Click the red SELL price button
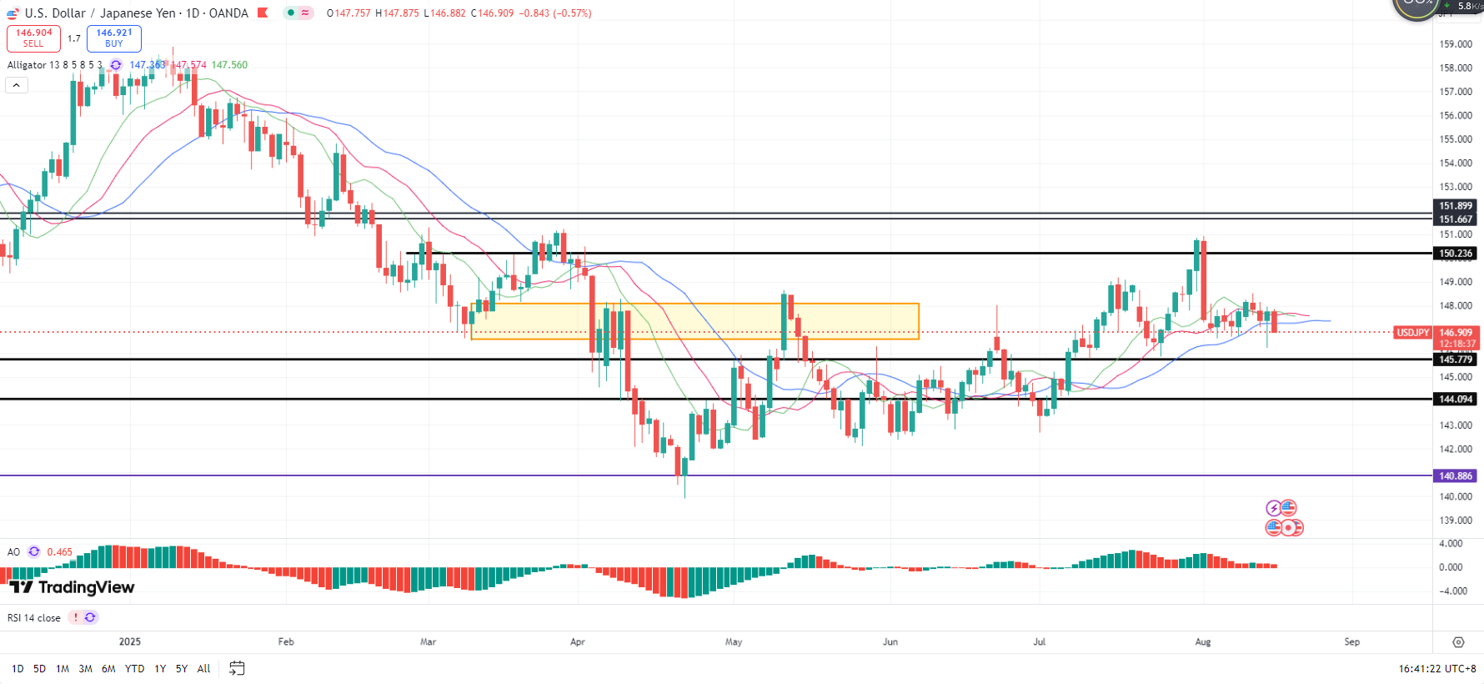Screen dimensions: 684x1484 tap(33, 38)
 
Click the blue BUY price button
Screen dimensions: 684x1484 tap(114, 38)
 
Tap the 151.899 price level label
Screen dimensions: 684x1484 tap(1455, 206)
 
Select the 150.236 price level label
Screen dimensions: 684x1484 tap(1455, 254)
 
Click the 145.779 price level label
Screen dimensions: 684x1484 tap(1455, 360)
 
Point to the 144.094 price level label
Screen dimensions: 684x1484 tap(1455, 400)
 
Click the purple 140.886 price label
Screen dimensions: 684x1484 tap(1455, 476)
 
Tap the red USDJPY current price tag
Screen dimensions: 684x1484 tap(1412, 333)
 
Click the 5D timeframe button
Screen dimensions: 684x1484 tap(39, 669)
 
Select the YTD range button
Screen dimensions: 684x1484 tap(134, 669)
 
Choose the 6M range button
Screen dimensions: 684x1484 tap(108, 669)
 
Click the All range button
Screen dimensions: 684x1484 tap(203, 669)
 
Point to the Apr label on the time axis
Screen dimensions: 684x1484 tap(577, 642)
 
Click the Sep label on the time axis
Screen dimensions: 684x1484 tap(1351, 642)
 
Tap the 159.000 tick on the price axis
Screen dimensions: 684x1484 tap(1456, 44)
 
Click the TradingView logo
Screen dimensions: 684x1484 tap(73, 587)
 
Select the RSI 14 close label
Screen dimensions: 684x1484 tap(34, 618)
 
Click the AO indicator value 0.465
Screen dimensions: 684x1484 tap(59, 552)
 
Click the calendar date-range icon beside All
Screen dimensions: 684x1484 tap(237, 668)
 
